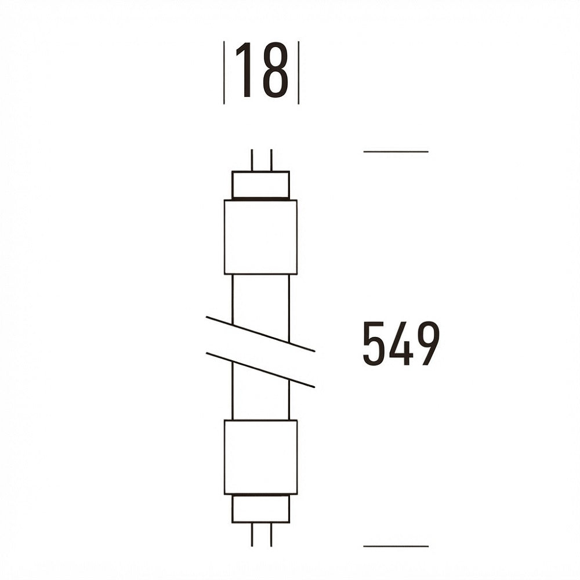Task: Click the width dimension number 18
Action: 262,70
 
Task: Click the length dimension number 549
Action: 401,343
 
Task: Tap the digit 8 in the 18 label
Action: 275,70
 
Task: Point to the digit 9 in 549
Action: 428,343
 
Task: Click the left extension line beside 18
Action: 224,72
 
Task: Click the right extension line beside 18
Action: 299,72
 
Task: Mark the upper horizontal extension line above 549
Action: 396,151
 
